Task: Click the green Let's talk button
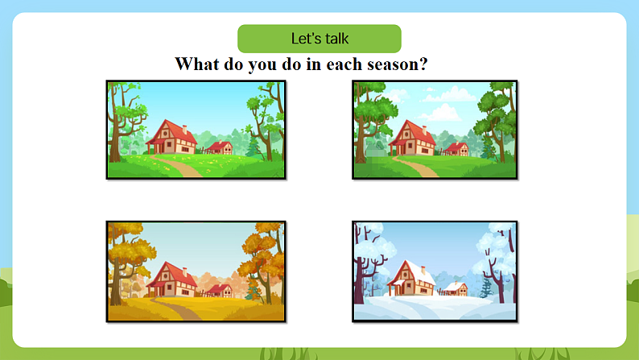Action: coord(319,39)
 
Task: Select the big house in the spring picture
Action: coord(171,137)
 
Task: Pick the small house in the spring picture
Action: coord(220,147)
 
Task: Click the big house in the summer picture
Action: coord(412,138)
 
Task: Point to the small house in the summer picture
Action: coord(456,149)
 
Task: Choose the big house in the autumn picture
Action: coord(171,279)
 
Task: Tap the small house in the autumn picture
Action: coord(220,291)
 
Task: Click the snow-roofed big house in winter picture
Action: coord(411,278)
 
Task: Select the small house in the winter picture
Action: coord(456,288)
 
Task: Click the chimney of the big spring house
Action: coord(184,129)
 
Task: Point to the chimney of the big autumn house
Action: coord(184,271)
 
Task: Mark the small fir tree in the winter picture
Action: coord(486,288)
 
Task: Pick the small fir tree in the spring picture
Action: coord(254,147)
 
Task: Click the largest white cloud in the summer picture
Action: coord(449,94)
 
